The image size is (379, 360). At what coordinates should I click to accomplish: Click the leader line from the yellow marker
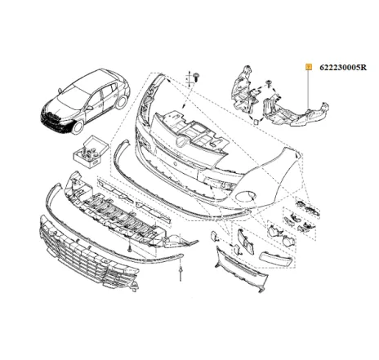(308, 90)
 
